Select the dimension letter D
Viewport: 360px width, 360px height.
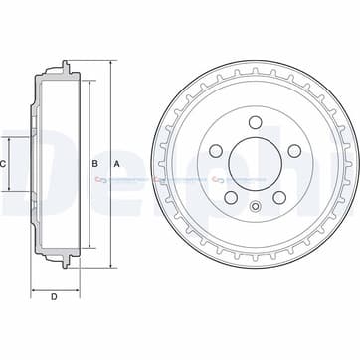tap(53, 297)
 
